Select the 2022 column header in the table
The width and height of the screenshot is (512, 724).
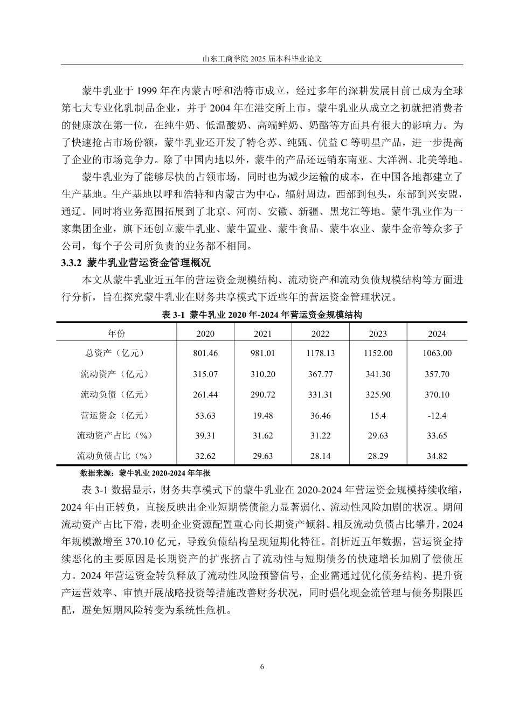[x=320, y=333]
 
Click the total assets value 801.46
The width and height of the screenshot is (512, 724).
[x=205, y=353]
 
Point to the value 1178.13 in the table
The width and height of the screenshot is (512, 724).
[x=320, y=353]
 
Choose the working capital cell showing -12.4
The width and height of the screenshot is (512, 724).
[x=437, y=415]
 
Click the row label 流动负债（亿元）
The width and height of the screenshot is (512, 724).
[x=115, y=395]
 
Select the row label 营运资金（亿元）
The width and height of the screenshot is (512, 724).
[x=115, y=415]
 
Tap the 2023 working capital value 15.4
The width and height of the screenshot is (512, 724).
[x=378, y=415]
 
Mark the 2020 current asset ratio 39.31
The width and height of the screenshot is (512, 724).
[x=205, y=435]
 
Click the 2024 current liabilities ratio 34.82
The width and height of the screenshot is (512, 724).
[x=437, y=456]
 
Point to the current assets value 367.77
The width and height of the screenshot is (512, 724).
[x=320, y=374]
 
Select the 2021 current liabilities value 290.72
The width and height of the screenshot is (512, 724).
[x=262, y=395]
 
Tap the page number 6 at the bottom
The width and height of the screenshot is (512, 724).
[x=262, y=666]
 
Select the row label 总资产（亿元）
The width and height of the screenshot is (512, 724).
[x=115, y=353]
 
